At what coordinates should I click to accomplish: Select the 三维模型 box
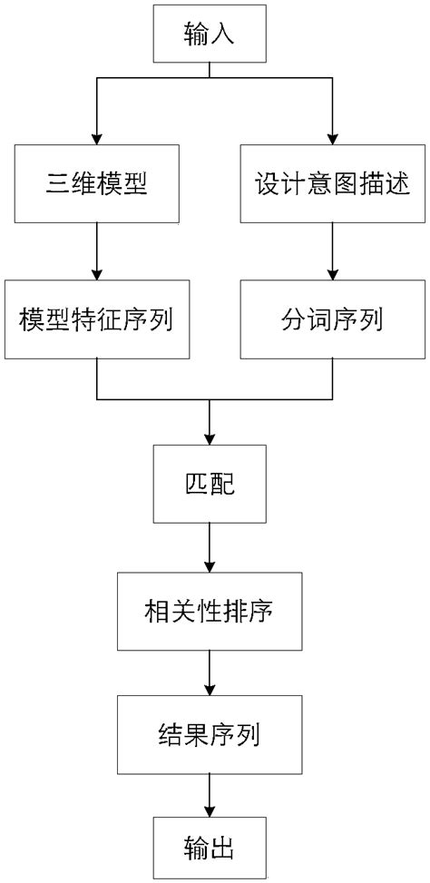(96, 185)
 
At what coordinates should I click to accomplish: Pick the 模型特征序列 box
(96, 320)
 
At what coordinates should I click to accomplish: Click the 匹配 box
(210, 484)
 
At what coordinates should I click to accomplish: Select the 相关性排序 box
(210, 610)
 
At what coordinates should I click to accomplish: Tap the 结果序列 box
(210, 734)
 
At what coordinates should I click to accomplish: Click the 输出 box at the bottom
(210, 849)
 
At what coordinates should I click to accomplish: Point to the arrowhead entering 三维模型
(96, 137)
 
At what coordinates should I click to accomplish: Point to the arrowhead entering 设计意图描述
(332, 137)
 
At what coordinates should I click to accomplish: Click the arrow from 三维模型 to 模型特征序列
(96, 250)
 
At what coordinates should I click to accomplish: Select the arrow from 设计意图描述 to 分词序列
(332, 250)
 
